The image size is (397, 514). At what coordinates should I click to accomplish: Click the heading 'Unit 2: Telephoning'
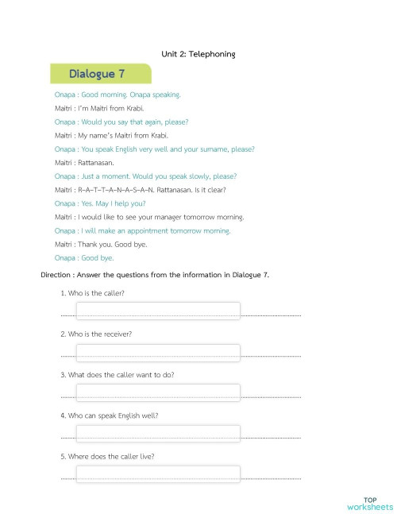point(198,54)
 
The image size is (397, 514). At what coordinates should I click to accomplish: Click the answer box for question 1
point(157,311)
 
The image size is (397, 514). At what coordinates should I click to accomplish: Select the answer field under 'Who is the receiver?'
point(157,352)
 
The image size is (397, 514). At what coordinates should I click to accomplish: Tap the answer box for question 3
point(157,392)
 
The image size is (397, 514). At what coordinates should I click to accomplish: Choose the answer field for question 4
point(157,433)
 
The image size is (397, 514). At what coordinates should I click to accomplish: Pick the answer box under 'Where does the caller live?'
point(157,474)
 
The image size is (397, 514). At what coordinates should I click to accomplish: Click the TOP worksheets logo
point(369,503)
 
